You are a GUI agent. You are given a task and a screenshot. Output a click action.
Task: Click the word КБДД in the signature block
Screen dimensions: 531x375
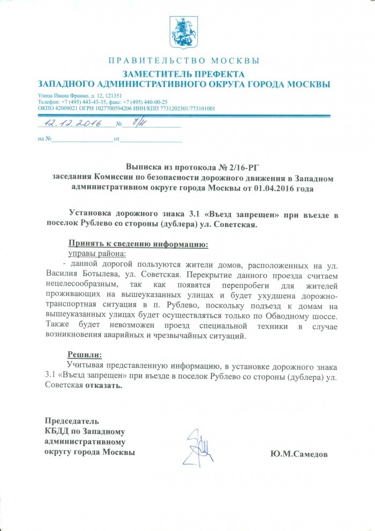point(57,432)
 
